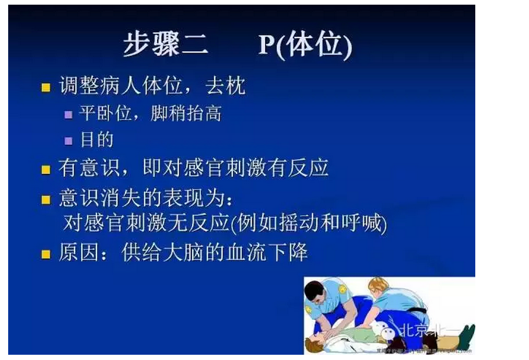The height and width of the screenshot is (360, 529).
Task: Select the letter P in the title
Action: (x=266, y=45)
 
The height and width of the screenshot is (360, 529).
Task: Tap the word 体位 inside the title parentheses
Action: (x=315, y=45)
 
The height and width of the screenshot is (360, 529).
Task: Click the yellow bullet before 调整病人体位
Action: (x=46, y=88)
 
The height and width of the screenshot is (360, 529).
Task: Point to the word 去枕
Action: (x=225, y=86)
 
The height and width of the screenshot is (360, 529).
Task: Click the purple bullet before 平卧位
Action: (x=69, y=114)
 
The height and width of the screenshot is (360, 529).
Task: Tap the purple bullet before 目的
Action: (x=69, y=141)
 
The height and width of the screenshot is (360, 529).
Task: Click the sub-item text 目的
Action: (x=96, y=140)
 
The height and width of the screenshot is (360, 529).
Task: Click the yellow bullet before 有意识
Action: (x=46, y=170)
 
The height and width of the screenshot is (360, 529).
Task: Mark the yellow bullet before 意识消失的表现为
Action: (x=46, y=200)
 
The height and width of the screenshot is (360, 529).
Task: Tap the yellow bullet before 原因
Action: (x=46, y=254)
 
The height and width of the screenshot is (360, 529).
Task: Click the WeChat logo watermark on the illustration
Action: (x=387, y=331)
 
